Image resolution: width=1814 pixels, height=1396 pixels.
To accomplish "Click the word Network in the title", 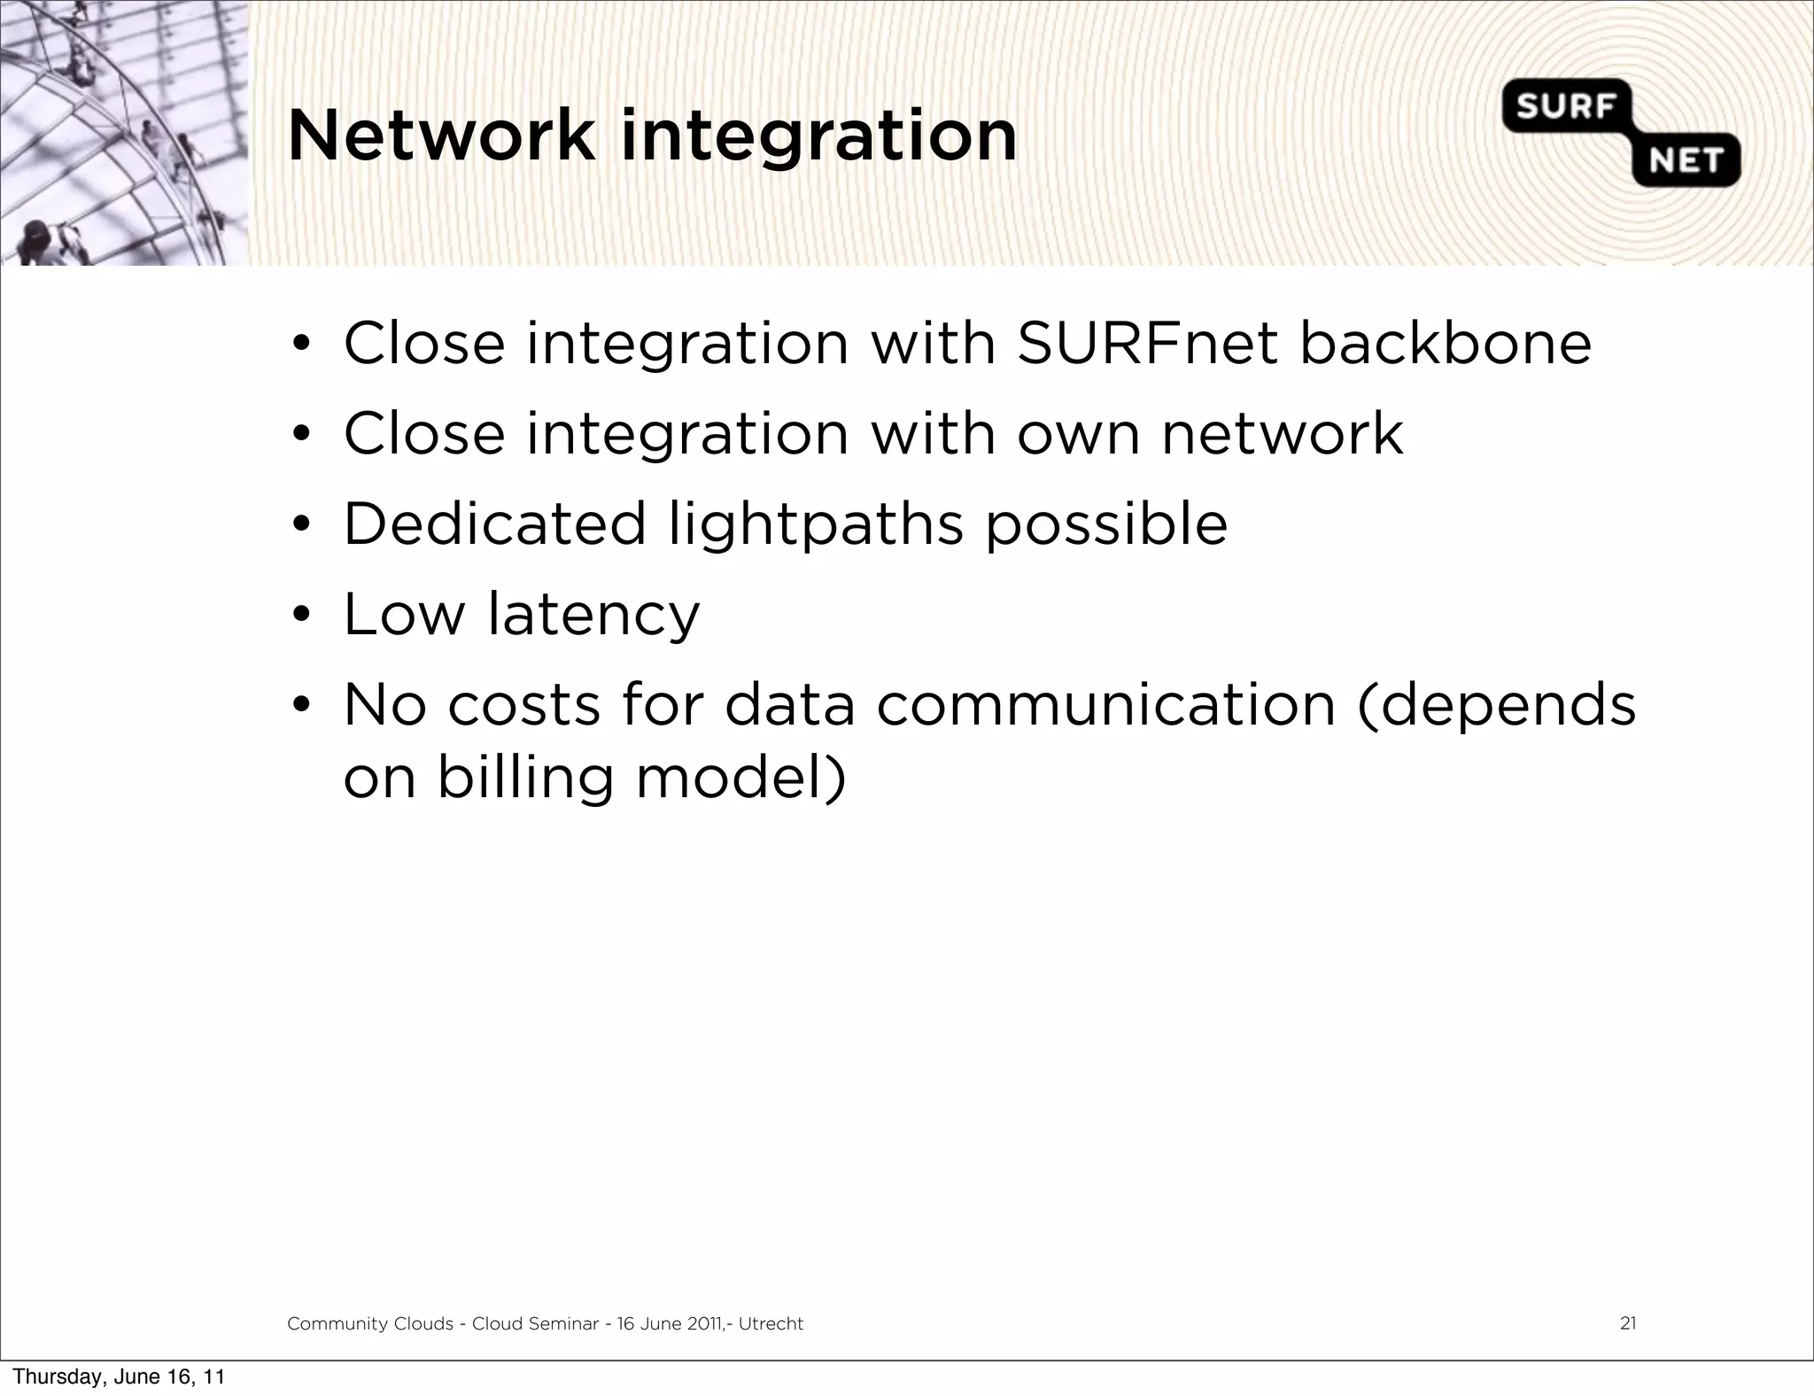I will tap(440, 136).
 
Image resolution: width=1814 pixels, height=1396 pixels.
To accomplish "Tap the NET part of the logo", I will tap(1685, 161).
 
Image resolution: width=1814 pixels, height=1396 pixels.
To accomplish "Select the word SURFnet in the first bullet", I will tap(1147, 344).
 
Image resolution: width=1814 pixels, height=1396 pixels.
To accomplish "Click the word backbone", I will tap(1445, 344).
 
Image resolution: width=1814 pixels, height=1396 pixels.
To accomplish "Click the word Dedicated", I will tap(494, 523).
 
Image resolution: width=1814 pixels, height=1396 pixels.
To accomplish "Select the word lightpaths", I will tap(815, 525).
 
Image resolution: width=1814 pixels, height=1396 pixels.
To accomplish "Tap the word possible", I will tap(1106, 525).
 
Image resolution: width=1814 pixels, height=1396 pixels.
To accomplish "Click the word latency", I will tap(593, 616).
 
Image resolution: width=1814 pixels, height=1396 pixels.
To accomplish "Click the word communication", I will tap(1105, 705).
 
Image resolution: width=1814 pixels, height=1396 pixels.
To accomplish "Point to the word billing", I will tap(525, 779).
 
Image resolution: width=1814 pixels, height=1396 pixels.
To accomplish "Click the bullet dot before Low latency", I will tap(301, 615).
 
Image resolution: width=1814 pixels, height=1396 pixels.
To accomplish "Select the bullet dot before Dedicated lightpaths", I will tap(301, 524).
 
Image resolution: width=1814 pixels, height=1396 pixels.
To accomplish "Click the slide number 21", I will tap(1627, 1323).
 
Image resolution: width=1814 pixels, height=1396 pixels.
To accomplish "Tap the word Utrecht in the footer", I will tap(771, 1323).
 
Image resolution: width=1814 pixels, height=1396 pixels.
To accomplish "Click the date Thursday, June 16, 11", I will tap(119, 1377).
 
